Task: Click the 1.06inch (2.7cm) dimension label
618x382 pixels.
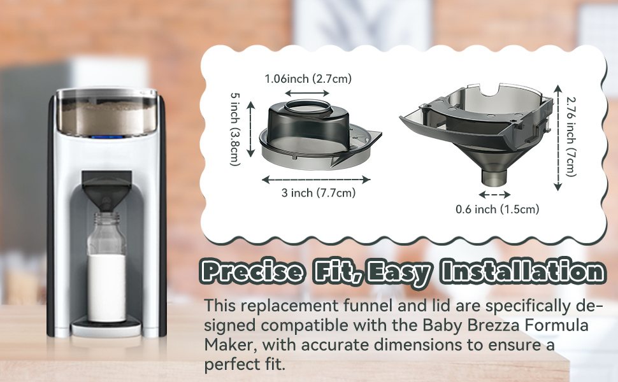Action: (x=308, y=79)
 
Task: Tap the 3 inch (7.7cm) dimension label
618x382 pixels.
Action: (x=319, y=192)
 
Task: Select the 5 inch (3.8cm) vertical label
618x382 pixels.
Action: (x=235, y=129)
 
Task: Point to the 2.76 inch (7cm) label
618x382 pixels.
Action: (x=571, y=137)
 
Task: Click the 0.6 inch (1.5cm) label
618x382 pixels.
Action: (x=498, y=209)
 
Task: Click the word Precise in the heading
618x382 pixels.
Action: (x=253, y=271)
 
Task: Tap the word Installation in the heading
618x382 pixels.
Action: (x=522, y=271)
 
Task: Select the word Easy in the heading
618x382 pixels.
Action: (x=399, y=272)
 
